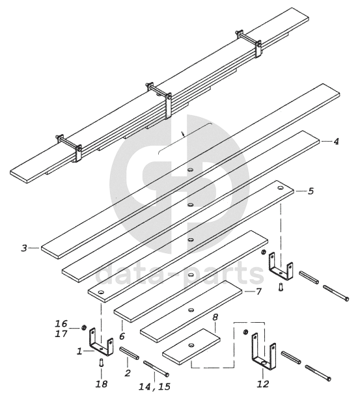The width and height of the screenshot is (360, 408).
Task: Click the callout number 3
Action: pos(24,248)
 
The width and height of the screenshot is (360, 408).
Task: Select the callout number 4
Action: pos(336,141)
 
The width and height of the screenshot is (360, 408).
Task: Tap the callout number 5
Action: pos(311,191)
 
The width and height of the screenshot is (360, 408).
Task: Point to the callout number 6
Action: pos(122,336)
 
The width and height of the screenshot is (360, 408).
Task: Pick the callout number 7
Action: pos(258,292)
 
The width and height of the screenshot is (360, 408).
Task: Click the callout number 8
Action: pos(215,317)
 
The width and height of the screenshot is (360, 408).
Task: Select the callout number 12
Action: pos(262,384)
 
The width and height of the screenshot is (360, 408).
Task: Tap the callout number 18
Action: pos(102,384)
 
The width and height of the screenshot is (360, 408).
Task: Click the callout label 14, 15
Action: pos(154,387)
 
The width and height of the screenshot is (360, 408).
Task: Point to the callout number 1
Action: pos(79,351)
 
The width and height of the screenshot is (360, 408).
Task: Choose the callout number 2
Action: pos(128,373)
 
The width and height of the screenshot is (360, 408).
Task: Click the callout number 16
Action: pos(61,323)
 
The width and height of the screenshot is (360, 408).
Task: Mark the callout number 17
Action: pos(61,334)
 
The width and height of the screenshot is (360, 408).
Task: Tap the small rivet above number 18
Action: pos(102,362)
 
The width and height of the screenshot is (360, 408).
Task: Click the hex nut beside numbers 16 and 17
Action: pos(84,327)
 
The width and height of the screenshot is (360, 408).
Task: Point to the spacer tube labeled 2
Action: pos(129,353)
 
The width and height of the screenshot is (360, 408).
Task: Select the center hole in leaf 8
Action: pos(191,346)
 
